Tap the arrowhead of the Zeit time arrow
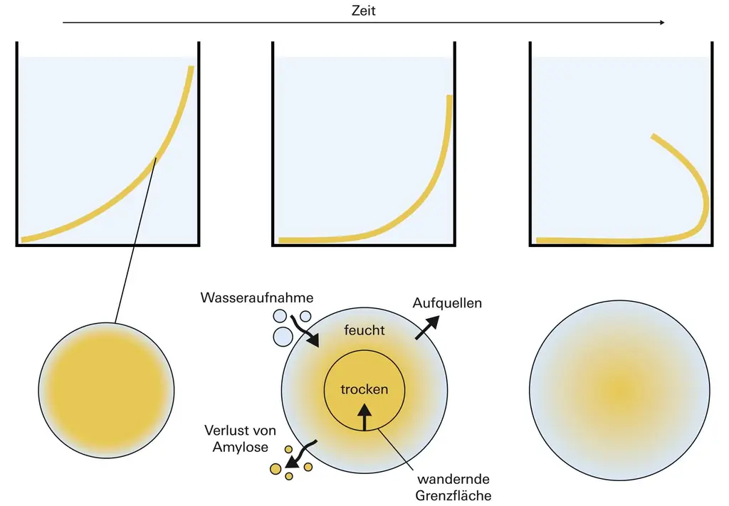point(661,23)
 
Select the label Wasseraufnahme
point(256,297)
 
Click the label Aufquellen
point(447,303)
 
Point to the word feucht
point(364,331)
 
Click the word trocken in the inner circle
point(364,389)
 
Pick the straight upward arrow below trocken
point(364,417)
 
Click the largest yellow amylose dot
point(276,468)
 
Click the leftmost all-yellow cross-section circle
point(106,391)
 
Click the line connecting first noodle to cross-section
point(135,242)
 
